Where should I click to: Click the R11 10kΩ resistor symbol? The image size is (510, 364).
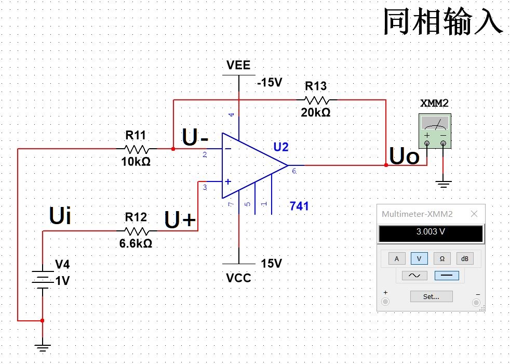pyautogui.click(x=137, y=149)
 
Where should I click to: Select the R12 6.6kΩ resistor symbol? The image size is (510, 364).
pyautogui.click(x=137, y=231)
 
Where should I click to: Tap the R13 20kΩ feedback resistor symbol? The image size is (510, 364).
pyautogui.click(x=316, y=99)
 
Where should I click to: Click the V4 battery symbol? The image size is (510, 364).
pyautogui.click(x=43, y=278)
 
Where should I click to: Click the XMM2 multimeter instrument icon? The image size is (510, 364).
pyautogui.click(x=435, y=129)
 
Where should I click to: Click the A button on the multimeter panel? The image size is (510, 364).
pyautogui.click(x=397, y=258)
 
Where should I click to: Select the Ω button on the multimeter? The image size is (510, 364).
pyautogui.click(x=442, y=258)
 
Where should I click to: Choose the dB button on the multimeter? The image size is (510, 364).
pyautogui.click(x=465, y=258)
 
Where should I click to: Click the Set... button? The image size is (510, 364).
pyautogui.click(x=431, y=296)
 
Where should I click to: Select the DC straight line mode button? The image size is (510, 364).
pyautogui.click(x=446, y=276)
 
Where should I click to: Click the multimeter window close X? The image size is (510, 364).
pyautogui.click(x=474, y=214)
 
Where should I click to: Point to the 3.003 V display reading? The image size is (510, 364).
pyautogui.click(x=431, y=232)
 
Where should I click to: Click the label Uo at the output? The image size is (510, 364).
pyautogui.click(x=404, y=157)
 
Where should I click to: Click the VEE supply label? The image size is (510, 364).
pyautogui.click(x=238, y=65)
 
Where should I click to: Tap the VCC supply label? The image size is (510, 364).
pyautogui.click(x=238, y=278)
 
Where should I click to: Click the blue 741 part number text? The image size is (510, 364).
pyautogui.click(x=299, y=206)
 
